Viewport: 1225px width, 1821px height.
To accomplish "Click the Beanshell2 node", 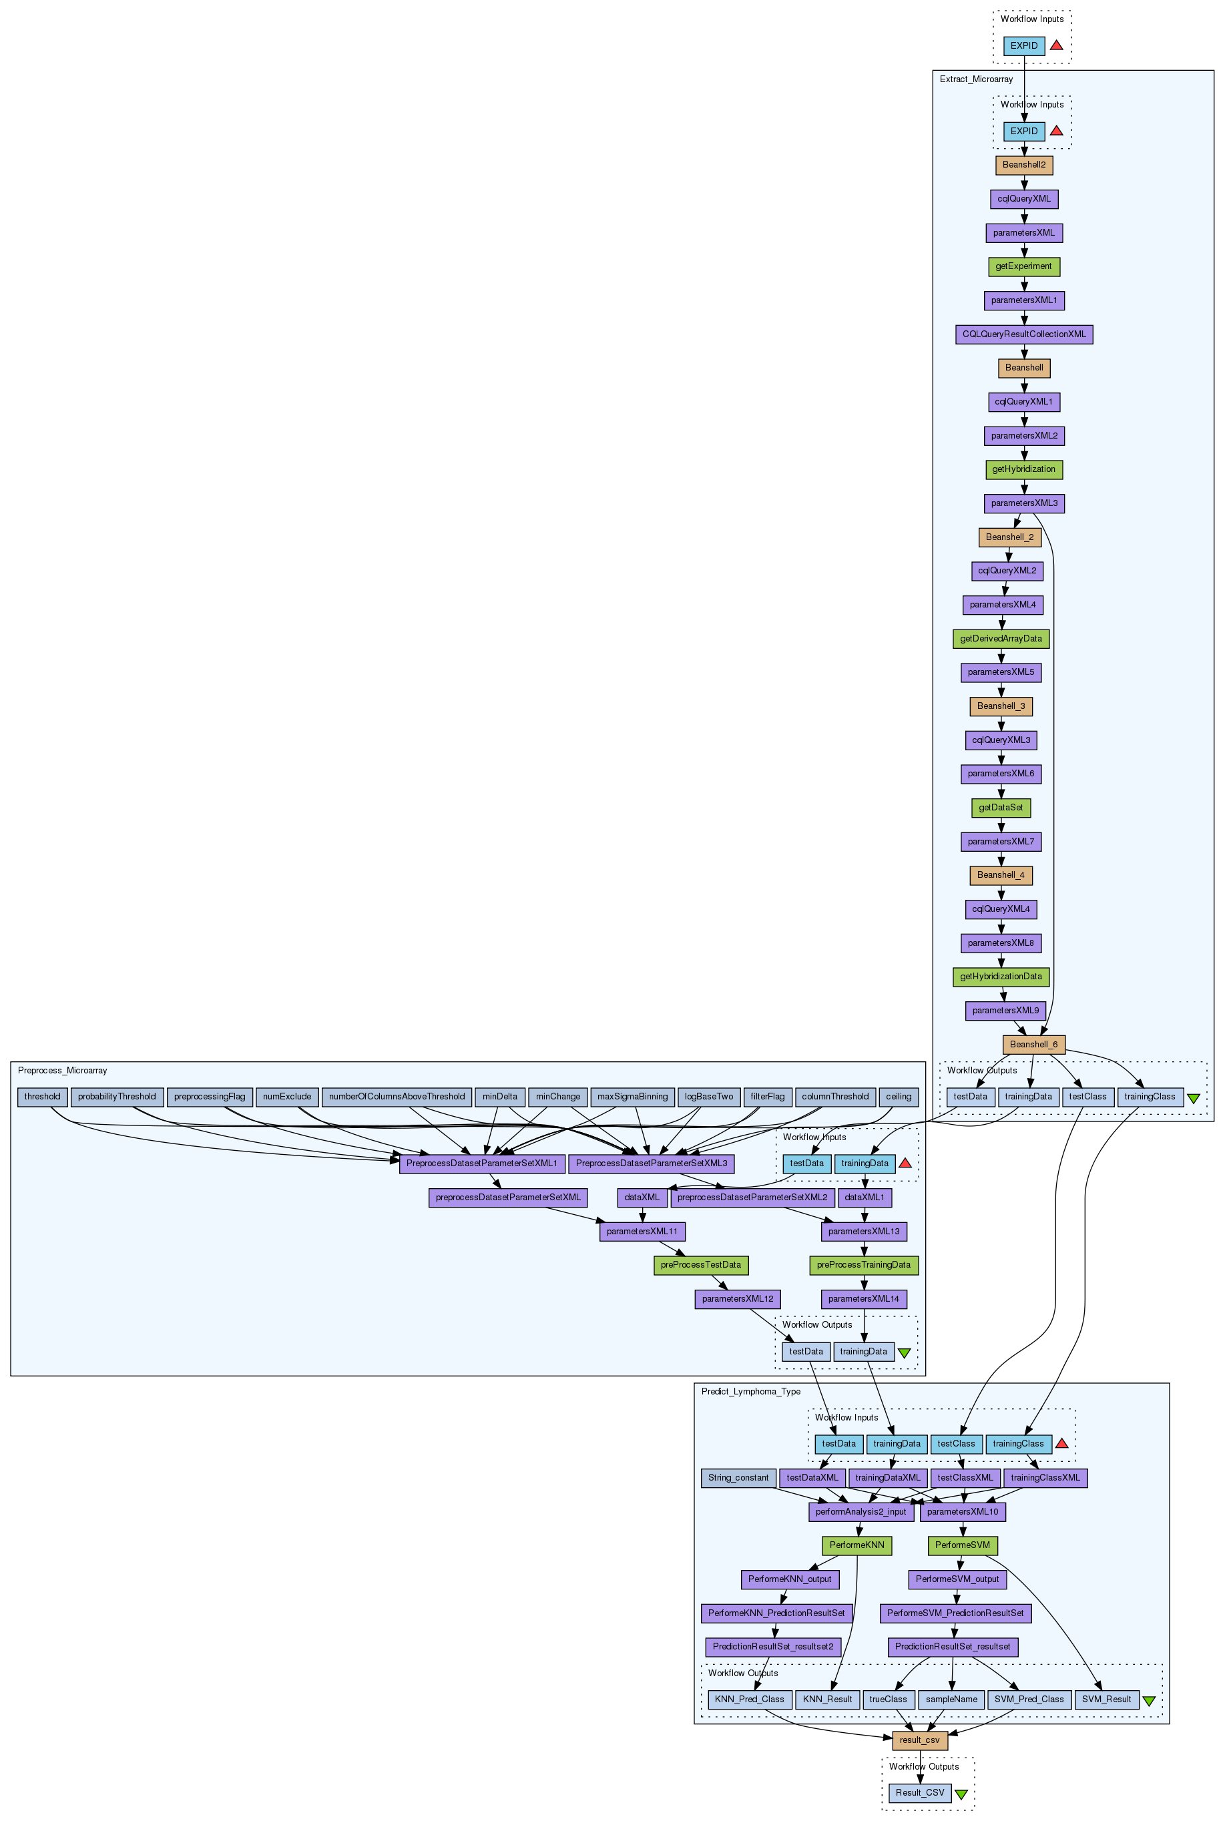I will click(1023, 165).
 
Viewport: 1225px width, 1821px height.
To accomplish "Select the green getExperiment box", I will click(1023, 266).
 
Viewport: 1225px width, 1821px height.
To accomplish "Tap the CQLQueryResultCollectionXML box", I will click(1023, 334).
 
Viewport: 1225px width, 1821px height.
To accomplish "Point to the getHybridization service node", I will click(1023, 469).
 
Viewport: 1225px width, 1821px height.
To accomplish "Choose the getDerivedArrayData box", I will click(1001, 639).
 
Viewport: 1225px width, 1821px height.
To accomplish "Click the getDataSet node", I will click(1001, 808).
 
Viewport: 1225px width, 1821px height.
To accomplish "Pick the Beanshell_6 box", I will click(1033, 1045).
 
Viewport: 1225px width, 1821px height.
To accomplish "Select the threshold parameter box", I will click(42, 1097).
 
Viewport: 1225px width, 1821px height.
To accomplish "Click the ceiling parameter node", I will click(899, 1097).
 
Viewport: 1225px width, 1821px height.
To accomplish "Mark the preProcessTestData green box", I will click(701, 1265).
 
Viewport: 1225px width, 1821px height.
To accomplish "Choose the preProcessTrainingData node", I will click(863, 1265).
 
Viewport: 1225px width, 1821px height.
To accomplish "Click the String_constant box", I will click(738, 1478).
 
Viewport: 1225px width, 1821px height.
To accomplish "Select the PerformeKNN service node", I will click(857, 1545).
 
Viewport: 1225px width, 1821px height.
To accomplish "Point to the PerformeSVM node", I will click(963, 1545).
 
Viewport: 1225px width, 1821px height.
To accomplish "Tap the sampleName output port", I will click(951, 1699).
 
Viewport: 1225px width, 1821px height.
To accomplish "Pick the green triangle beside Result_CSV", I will click(961, 1794).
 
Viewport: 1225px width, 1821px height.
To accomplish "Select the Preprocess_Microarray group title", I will click(63, 1070).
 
